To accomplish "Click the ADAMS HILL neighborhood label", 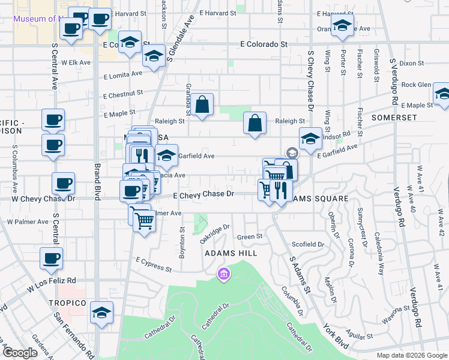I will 231,253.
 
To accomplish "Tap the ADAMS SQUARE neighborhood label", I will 318,199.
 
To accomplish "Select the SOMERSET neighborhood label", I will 394,118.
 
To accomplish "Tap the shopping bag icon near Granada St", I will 203,104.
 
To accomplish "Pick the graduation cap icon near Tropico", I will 102,313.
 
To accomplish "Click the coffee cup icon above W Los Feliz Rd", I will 51,259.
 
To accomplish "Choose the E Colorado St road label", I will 264,44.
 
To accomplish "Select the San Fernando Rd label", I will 74,337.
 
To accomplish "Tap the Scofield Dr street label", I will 308,244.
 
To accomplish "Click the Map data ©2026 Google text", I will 411,355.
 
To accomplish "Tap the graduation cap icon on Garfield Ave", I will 167,155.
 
